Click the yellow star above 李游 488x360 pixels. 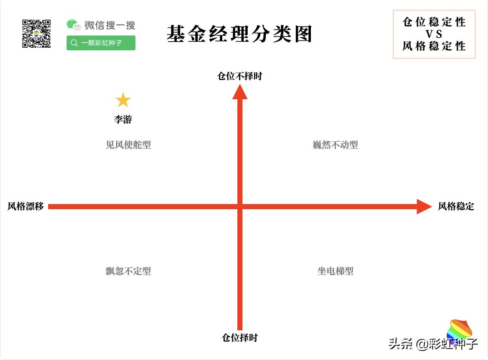pos(123,100)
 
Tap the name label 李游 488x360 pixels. pos(123,119)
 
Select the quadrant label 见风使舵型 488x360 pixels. pos(128,145)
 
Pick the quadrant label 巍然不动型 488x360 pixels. pos(335,145)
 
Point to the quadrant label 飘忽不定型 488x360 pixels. pos(128,271)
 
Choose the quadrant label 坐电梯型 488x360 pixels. pos(335,271)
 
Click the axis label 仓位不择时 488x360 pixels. pos(239,76)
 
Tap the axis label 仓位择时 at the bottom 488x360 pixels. pos(239,338)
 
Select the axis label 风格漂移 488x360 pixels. pos(25,206)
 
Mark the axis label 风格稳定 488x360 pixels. pos(456,206)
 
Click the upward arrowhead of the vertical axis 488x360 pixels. pos(240,92)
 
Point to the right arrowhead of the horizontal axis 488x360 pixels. pos(424,207)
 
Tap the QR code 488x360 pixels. pos(37,34)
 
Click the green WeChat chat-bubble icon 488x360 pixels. pos(74,25)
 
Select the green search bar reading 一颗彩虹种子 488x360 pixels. pos(101,43)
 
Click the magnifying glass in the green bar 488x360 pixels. pos(74,43)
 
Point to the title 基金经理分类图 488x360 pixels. pos(239,34)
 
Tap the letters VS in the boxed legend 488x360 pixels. pos(434,34)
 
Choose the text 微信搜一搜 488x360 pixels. pos(110,25)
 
